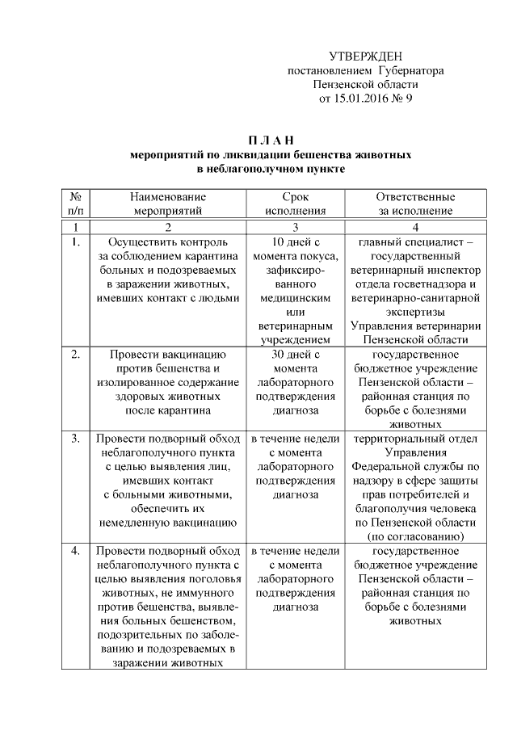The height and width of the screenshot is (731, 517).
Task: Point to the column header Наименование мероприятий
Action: [x=168, y=204]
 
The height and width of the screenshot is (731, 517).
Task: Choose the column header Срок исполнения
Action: [x=296, y=204]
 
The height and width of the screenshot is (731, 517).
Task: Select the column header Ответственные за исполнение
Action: [x=415, y=204]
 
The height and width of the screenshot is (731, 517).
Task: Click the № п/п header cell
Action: [x=75, y=204]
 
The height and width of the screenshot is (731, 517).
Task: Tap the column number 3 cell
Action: [x=296, y=226]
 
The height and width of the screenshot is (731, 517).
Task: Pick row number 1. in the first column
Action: [x=75, y=242]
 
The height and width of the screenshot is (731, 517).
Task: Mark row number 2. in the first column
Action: [x=75, y=354]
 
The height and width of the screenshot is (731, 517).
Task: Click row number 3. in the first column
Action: [x=75, y=439]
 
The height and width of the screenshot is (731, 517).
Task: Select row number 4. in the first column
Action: [x=75, y=551]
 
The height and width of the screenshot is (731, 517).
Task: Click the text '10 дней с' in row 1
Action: [x=296, y=242]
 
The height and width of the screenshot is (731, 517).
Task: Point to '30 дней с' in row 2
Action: [x=296, y=354]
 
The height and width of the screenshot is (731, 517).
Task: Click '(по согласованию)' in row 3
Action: [x=415, y=536]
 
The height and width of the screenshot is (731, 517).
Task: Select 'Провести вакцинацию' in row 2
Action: [x=168, y=354]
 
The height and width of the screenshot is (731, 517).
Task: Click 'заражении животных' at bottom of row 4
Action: [x=168, y=662]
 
